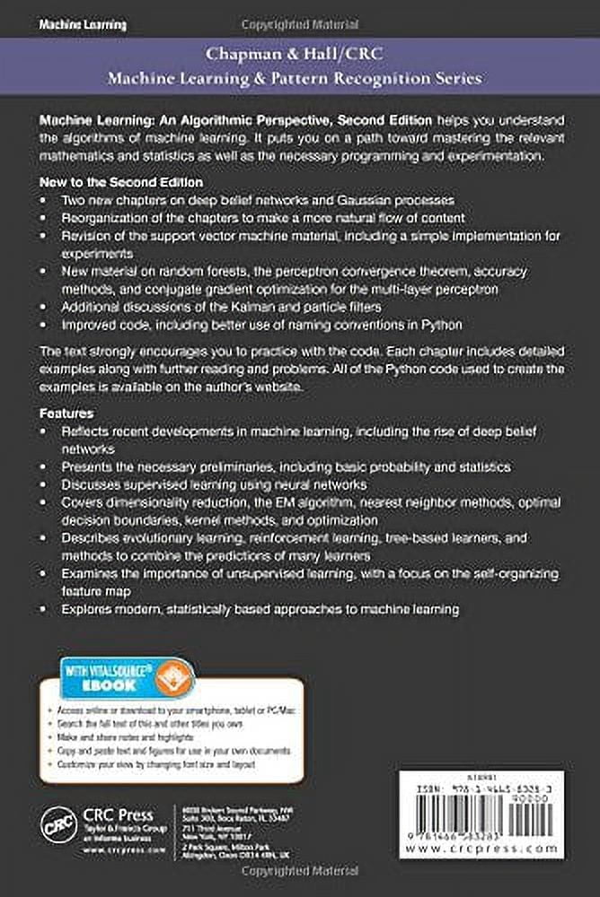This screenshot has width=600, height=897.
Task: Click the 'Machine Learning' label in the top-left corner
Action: [x=83, y=25]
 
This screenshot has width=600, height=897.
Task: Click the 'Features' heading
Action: [x=68, y=414]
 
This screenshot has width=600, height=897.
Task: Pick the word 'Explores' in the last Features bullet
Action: [x=87, y=609]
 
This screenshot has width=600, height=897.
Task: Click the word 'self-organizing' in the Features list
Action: [x=512, y=573]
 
